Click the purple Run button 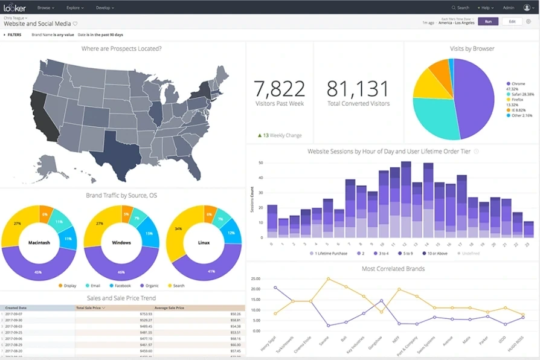point(487,21)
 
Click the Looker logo point(14,8)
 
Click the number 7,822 point(279,89)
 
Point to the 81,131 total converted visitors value point(358,89)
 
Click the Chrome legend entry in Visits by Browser point(518,84)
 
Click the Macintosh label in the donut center point(40,243)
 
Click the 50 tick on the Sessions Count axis point(260,162)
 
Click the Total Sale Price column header point(89,307)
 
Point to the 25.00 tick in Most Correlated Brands point(254,279)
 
